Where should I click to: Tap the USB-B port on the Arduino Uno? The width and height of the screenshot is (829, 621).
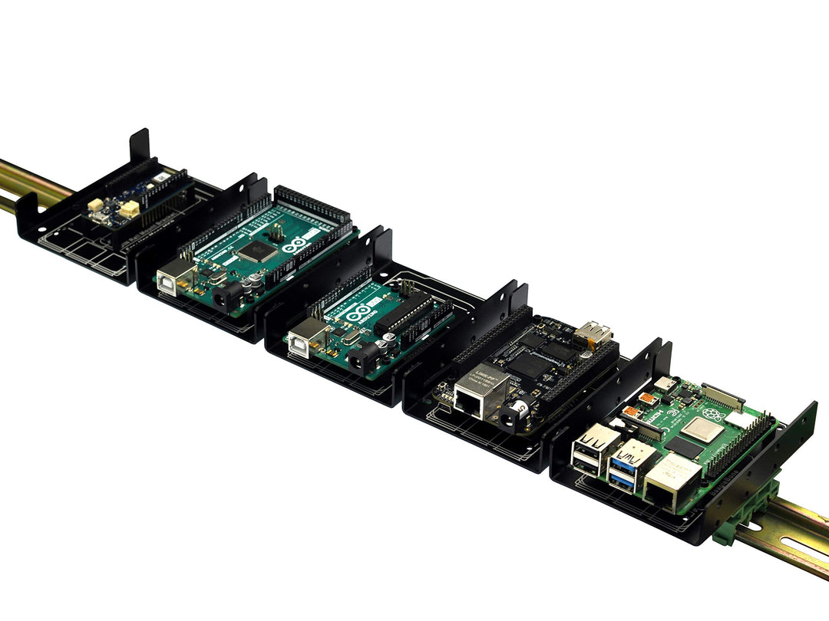click(x=306, y=337)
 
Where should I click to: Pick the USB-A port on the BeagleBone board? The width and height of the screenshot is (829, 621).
click(x=595, y=333)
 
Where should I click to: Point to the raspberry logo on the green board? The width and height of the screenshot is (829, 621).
click(x=715, y=416)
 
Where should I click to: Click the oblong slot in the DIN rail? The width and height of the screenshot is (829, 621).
click(x=791, y=546)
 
